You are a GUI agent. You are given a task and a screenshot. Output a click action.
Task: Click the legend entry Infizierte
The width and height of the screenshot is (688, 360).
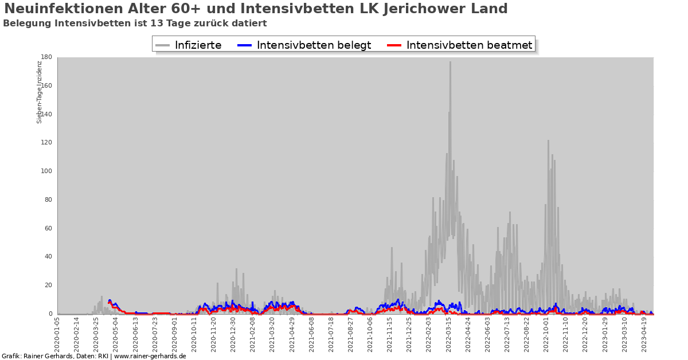point(198,45)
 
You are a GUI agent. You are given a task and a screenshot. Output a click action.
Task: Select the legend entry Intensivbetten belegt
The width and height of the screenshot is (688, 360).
point(314,45)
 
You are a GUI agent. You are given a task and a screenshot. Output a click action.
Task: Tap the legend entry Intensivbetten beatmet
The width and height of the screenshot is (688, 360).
point(470,45)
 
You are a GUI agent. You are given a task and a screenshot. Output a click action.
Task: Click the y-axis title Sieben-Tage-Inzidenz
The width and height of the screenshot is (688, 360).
point(40,92)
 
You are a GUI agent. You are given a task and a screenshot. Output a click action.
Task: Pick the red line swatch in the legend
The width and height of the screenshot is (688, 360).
point(394,45)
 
